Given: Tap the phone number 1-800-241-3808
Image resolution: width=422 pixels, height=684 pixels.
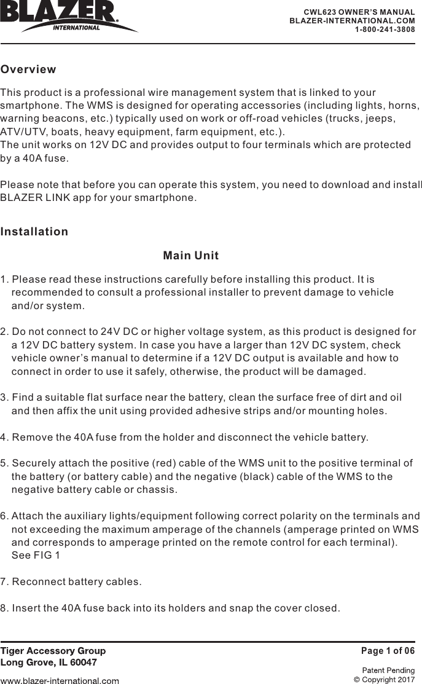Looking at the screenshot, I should (x=385, y=29).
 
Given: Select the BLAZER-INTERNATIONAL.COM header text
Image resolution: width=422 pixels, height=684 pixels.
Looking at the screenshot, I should (x=352, y=20).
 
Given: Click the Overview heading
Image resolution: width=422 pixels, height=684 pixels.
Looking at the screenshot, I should (x=28, y=69).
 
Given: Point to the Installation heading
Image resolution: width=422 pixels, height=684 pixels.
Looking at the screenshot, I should (x=34, y=232).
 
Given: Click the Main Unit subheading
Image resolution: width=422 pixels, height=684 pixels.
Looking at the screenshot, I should (x=191, y=256).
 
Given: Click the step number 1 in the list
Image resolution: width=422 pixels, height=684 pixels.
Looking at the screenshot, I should (x=4, y=280).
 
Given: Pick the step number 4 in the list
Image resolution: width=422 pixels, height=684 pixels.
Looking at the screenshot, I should (x=4, y=438).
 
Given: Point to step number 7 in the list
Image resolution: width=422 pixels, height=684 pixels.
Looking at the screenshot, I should (x=4, y=581).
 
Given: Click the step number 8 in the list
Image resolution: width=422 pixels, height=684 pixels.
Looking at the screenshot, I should (x=4, y=608).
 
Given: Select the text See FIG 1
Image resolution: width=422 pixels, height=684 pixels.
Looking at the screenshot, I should (x=36, y=556).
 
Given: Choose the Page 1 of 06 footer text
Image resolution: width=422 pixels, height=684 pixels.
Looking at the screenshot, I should (x=388, y=651).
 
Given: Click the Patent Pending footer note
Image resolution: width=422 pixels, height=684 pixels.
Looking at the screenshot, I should (x=388, y=670).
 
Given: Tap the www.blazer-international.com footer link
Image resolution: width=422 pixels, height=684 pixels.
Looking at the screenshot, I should (x=60, y=680).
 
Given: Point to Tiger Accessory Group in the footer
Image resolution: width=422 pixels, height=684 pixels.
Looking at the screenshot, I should (x=53, y=651).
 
